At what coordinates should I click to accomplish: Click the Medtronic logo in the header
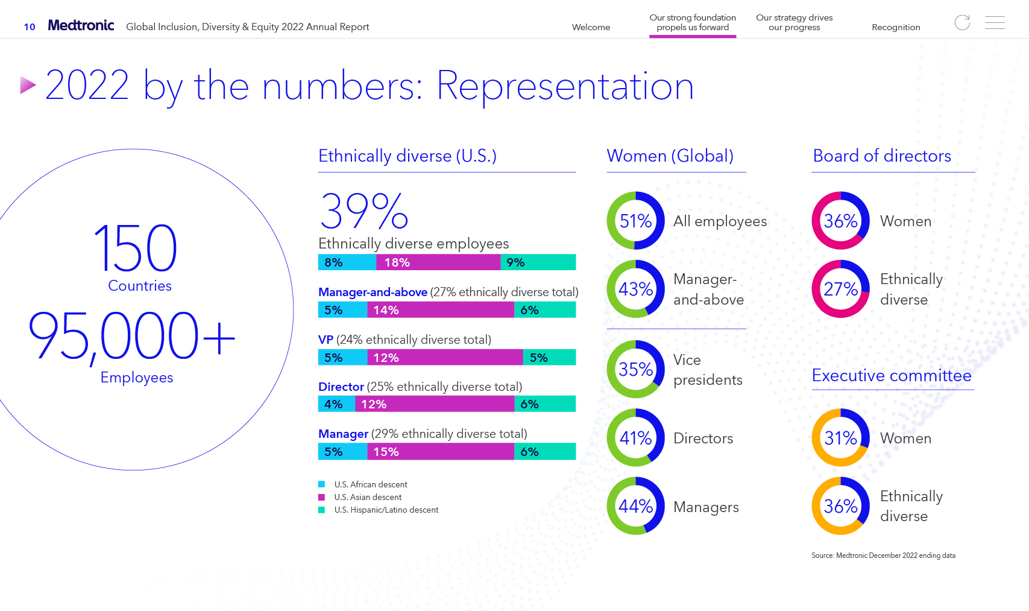[81, 25]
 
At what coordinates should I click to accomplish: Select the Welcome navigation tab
[591, 27]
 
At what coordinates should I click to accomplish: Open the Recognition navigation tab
[896, 27]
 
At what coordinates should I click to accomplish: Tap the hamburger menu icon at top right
[995, 23]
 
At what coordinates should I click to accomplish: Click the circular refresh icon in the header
[962, 23]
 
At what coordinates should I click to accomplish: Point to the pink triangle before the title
[28, 85]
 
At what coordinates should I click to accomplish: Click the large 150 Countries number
[136, 249]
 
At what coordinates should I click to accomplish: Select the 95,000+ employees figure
[131, 335]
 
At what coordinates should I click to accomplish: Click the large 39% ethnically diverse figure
[364, 212]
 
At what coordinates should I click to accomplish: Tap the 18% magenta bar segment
[438, 262]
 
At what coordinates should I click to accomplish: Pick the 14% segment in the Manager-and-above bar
[440, 310]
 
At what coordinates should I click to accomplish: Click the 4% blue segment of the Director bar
[336, 404]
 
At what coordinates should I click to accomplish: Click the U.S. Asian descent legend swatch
[322, 497]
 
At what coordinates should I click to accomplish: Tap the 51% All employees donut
[635, 221]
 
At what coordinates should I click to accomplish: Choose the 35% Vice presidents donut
[635, 369]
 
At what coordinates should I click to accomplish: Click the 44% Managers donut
[635, 506]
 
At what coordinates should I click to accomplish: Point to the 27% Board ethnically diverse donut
[840, 289]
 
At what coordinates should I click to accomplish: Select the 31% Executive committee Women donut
[840, 438]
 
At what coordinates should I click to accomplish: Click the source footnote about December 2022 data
[883, 556]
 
